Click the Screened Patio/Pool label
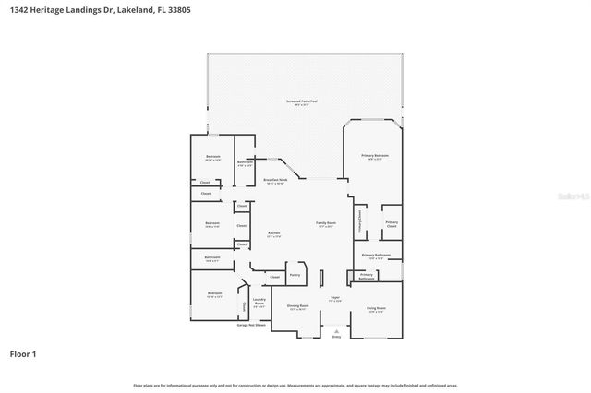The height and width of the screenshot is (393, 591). [302, 101]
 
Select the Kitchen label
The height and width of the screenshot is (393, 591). [274, 234]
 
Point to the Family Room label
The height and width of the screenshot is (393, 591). [326, 224]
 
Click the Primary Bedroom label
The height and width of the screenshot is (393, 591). [375, 157]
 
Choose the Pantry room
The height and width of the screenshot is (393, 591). [295, 274]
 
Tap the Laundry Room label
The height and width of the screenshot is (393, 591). [259, 301]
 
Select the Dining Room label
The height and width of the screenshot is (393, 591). [297, 307]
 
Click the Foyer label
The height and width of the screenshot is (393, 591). [335, 299]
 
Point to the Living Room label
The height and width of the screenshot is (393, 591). [376, 309]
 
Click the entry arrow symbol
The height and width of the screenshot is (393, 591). [336, 330]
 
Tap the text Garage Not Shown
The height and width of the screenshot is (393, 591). [251, 325]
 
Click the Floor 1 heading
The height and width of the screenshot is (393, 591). [23, 353]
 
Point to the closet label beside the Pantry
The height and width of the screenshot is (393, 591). [274, 277]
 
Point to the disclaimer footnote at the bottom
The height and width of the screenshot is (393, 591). [295, 385]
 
